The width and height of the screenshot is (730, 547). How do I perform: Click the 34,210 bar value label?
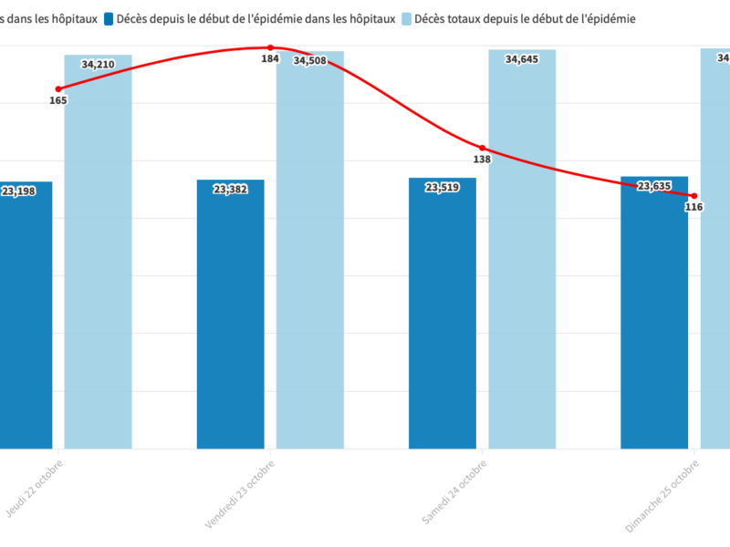pos(98,65)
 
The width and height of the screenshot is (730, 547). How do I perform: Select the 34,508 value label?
pos(310,61)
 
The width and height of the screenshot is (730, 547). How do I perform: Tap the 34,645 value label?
pos(522,60)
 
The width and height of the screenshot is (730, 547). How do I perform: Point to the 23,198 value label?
pos(18,191)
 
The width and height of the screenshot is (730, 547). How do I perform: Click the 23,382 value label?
pos(231,190)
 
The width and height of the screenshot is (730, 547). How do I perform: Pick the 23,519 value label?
pos(443,188)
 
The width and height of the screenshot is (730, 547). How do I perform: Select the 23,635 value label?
pos(654,187)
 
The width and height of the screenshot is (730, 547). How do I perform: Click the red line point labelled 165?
pos(58,89)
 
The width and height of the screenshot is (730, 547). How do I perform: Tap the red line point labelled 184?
pos(270,47)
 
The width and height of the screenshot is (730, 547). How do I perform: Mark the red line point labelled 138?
pos(483,148)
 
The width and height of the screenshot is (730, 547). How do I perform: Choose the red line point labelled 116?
pos(694,196)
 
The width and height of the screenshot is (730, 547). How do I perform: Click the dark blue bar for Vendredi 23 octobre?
pos(231,319)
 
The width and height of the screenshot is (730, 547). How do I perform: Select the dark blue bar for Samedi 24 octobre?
pos(443,319)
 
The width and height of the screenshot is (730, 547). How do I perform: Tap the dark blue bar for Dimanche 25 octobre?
pos(654,319)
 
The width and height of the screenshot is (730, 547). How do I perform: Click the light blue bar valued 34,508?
pos(310,255)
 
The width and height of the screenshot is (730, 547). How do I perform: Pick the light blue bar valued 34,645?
pos(522,255)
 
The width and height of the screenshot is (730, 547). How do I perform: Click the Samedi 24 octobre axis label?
pos(454,492)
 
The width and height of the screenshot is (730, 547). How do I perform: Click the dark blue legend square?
pos(109,18)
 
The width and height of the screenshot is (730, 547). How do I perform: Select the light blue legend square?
pos(407,18)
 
